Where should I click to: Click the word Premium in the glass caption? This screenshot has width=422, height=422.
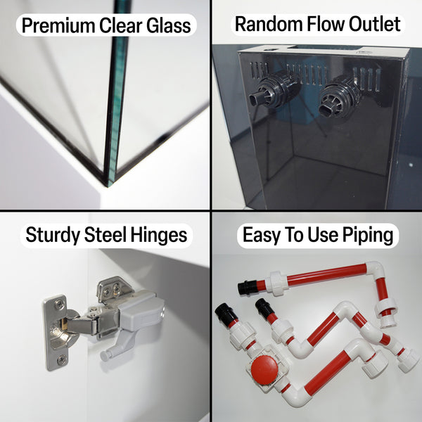click(x=58, y=25)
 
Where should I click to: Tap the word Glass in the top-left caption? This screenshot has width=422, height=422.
click(x=169, y=25)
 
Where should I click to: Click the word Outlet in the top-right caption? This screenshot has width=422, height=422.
click(x=375, y=24)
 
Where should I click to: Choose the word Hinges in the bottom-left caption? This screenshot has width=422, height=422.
click(x=159, y=235)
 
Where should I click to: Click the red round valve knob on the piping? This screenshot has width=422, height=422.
click(x=264, y=369)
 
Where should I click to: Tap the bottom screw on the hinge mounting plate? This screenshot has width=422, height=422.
click(x=62, y=359)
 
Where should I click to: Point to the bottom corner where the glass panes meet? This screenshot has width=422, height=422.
click(x=109, y=186)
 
